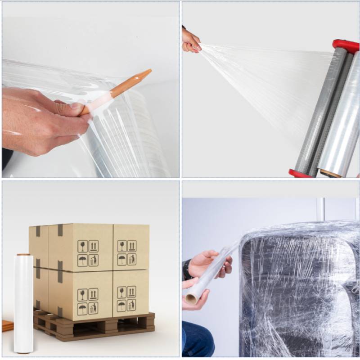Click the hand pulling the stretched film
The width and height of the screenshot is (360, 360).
(190, 41)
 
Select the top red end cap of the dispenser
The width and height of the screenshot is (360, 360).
(346, 45)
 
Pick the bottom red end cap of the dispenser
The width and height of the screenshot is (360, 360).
(299, 173)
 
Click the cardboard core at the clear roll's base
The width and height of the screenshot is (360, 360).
(331, 173)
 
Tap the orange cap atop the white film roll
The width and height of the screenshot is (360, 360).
(23, 255)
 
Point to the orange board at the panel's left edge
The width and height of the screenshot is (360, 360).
(7, 325)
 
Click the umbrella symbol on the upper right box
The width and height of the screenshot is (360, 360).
(121, 260)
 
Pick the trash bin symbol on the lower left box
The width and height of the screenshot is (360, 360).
(94, 309)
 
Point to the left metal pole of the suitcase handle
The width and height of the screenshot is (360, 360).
(320, 209)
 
